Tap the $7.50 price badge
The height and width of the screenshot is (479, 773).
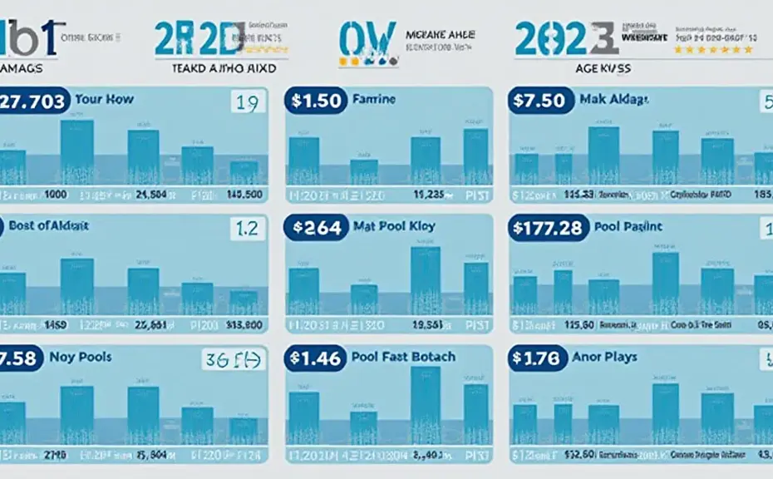tap(539, 101)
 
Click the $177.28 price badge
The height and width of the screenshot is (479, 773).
tap(547, 228)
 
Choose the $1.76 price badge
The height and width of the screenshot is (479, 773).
tap(536, 358)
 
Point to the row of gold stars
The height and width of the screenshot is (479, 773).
tap(713, 50)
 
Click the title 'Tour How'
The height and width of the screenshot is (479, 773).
tap(104, 99)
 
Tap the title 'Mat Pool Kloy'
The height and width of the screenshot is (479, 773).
tap(394, 225)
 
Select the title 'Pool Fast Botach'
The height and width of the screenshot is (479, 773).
tap(404, 357)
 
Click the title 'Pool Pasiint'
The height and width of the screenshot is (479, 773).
tap(628, 226)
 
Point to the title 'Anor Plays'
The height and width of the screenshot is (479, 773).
tap(604, 357)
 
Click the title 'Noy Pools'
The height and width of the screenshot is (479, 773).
tap(81, 357)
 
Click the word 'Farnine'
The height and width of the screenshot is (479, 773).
tap(376, 99)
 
